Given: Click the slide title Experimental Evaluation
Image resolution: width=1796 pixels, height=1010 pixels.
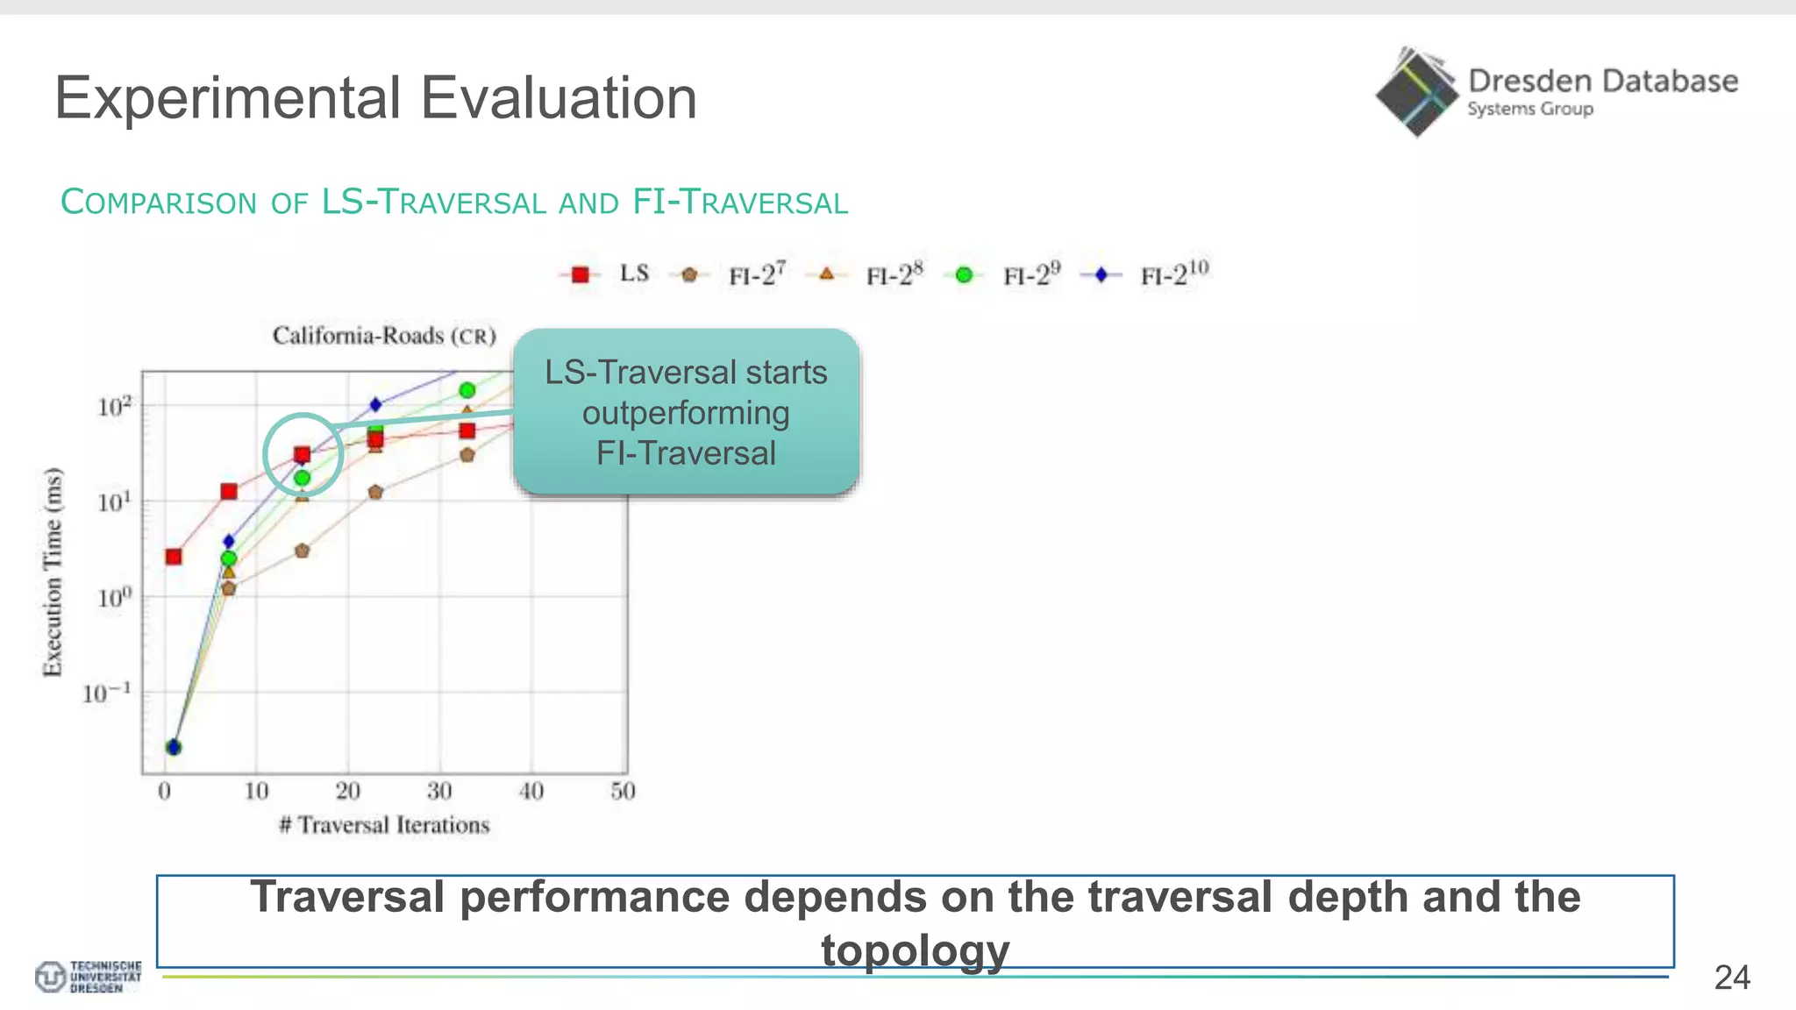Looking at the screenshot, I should (375, 98).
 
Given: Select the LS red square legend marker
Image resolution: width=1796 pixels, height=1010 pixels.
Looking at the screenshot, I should (580, 274).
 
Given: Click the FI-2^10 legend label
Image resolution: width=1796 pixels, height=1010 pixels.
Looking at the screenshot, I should (1174, 274).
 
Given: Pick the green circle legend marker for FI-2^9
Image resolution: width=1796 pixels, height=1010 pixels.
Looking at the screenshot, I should (964, 275).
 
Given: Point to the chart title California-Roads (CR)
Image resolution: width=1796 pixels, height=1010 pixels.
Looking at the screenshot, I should (384, 336).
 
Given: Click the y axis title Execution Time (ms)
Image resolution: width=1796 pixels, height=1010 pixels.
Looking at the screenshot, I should (53, 572).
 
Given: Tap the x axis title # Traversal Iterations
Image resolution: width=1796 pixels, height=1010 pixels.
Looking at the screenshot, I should (384, 825).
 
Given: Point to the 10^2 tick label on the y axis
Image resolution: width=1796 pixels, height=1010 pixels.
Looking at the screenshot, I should (114, 407).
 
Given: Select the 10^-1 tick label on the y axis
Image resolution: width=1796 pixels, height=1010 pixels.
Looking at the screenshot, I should (107, 693).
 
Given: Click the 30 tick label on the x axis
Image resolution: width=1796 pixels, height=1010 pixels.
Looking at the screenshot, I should (439, 792).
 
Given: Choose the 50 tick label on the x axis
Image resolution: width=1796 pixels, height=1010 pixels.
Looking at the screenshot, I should (623, 792).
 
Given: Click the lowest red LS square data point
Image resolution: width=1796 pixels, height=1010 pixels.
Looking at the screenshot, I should (174, 557).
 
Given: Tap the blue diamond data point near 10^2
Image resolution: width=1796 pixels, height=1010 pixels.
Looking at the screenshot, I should (375, 404).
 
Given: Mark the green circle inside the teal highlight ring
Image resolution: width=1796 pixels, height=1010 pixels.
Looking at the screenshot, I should (302, 478).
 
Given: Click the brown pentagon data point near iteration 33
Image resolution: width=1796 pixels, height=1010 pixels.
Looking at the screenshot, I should (467, 455).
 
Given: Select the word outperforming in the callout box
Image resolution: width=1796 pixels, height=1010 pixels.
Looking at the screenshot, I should (686, 413).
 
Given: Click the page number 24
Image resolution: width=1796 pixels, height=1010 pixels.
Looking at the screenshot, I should (1731, 978).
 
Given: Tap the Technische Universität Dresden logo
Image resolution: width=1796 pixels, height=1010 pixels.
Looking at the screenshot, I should (88, 977).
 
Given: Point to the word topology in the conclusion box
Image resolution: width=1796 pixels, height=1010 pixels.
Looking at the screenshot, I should (915, 950).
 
